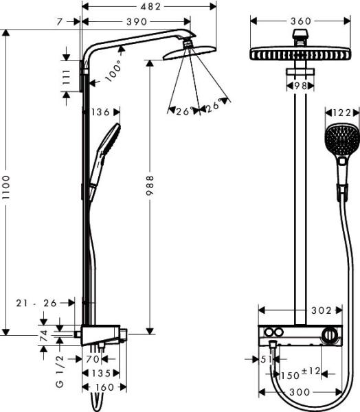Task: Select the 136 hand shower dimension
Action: point(100,111)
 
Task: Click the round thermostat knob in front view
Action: point(331,336)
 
